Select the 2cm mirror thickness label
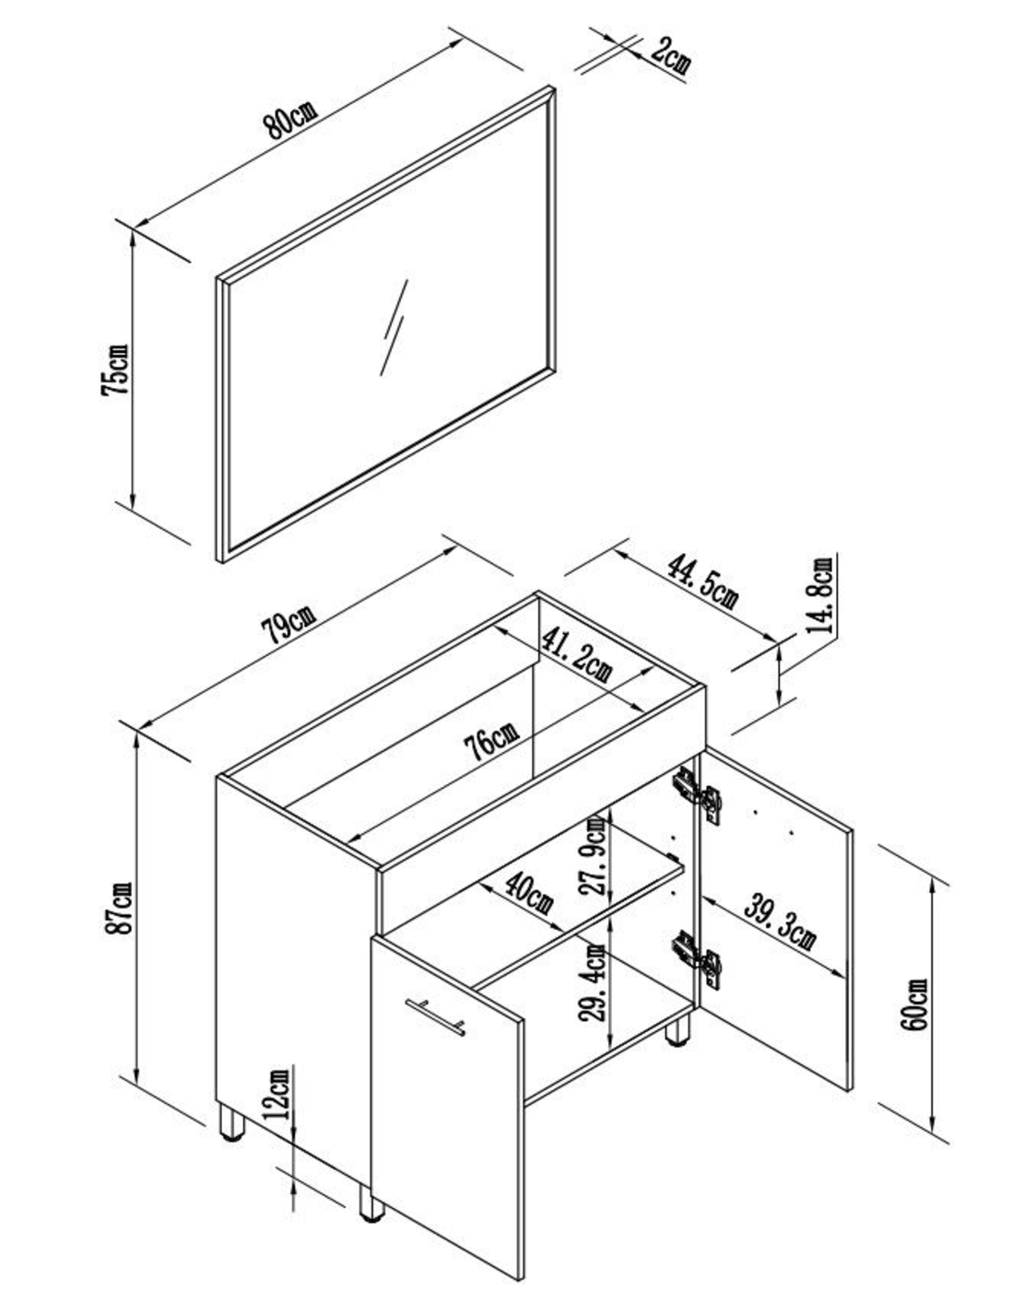click(670, 55)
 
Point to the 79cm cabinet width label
click(288, 627)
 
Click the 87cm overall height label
click(119, 909)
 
